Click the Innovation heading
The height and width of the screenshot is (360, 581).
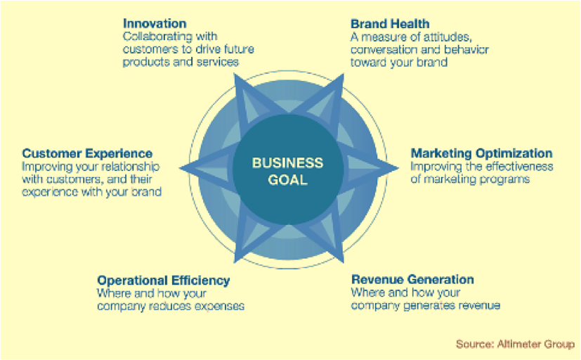pos(155,23)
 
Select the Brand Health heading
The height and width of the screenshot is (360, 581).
pos(390,24)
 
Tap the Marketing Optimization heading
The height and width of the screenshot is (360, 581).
pos(481,153)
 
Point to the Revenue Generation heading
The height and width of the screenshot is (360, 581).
pos(412,279)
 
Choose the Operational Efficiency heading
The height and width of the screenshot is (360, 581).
pos(164,281)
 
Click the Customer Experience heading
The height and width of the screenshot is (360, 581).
pos(87,153)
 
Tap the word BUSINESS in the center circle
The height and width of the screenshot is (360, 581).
pos(287,162)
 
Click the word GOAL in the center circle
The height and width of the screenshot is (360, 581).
pos(287,180)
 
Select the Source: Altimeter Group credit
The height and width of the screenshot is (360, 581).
pos(515,344)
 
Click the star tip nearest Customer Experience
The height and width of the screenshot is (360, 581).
pos(180,168)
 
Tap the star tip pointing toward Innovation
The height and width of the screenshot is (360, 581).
pos(235,74)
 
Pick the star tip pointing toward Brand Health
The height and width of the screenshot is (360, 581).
pos(344,74)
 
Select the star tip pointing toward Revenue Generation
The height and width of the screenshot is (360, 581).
pos(344,262)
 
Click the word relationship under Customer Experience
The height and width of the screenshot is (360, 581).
pos(131,167)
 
